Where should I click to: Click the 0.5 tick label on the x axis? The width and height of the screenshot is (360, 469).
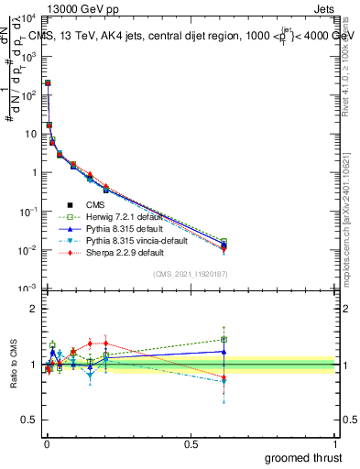point(191,444)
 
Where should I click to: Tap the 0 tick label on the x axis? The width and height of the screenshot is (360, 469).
point(47,444)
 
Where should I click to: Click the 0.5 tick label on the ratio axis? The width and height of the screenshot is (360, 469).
point(31,421)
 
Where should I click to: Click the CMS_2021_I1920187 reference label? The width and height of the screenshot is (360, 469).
point(190,275)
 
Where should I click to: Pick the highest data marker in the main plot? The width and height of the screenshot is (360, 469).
point(48,82)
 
